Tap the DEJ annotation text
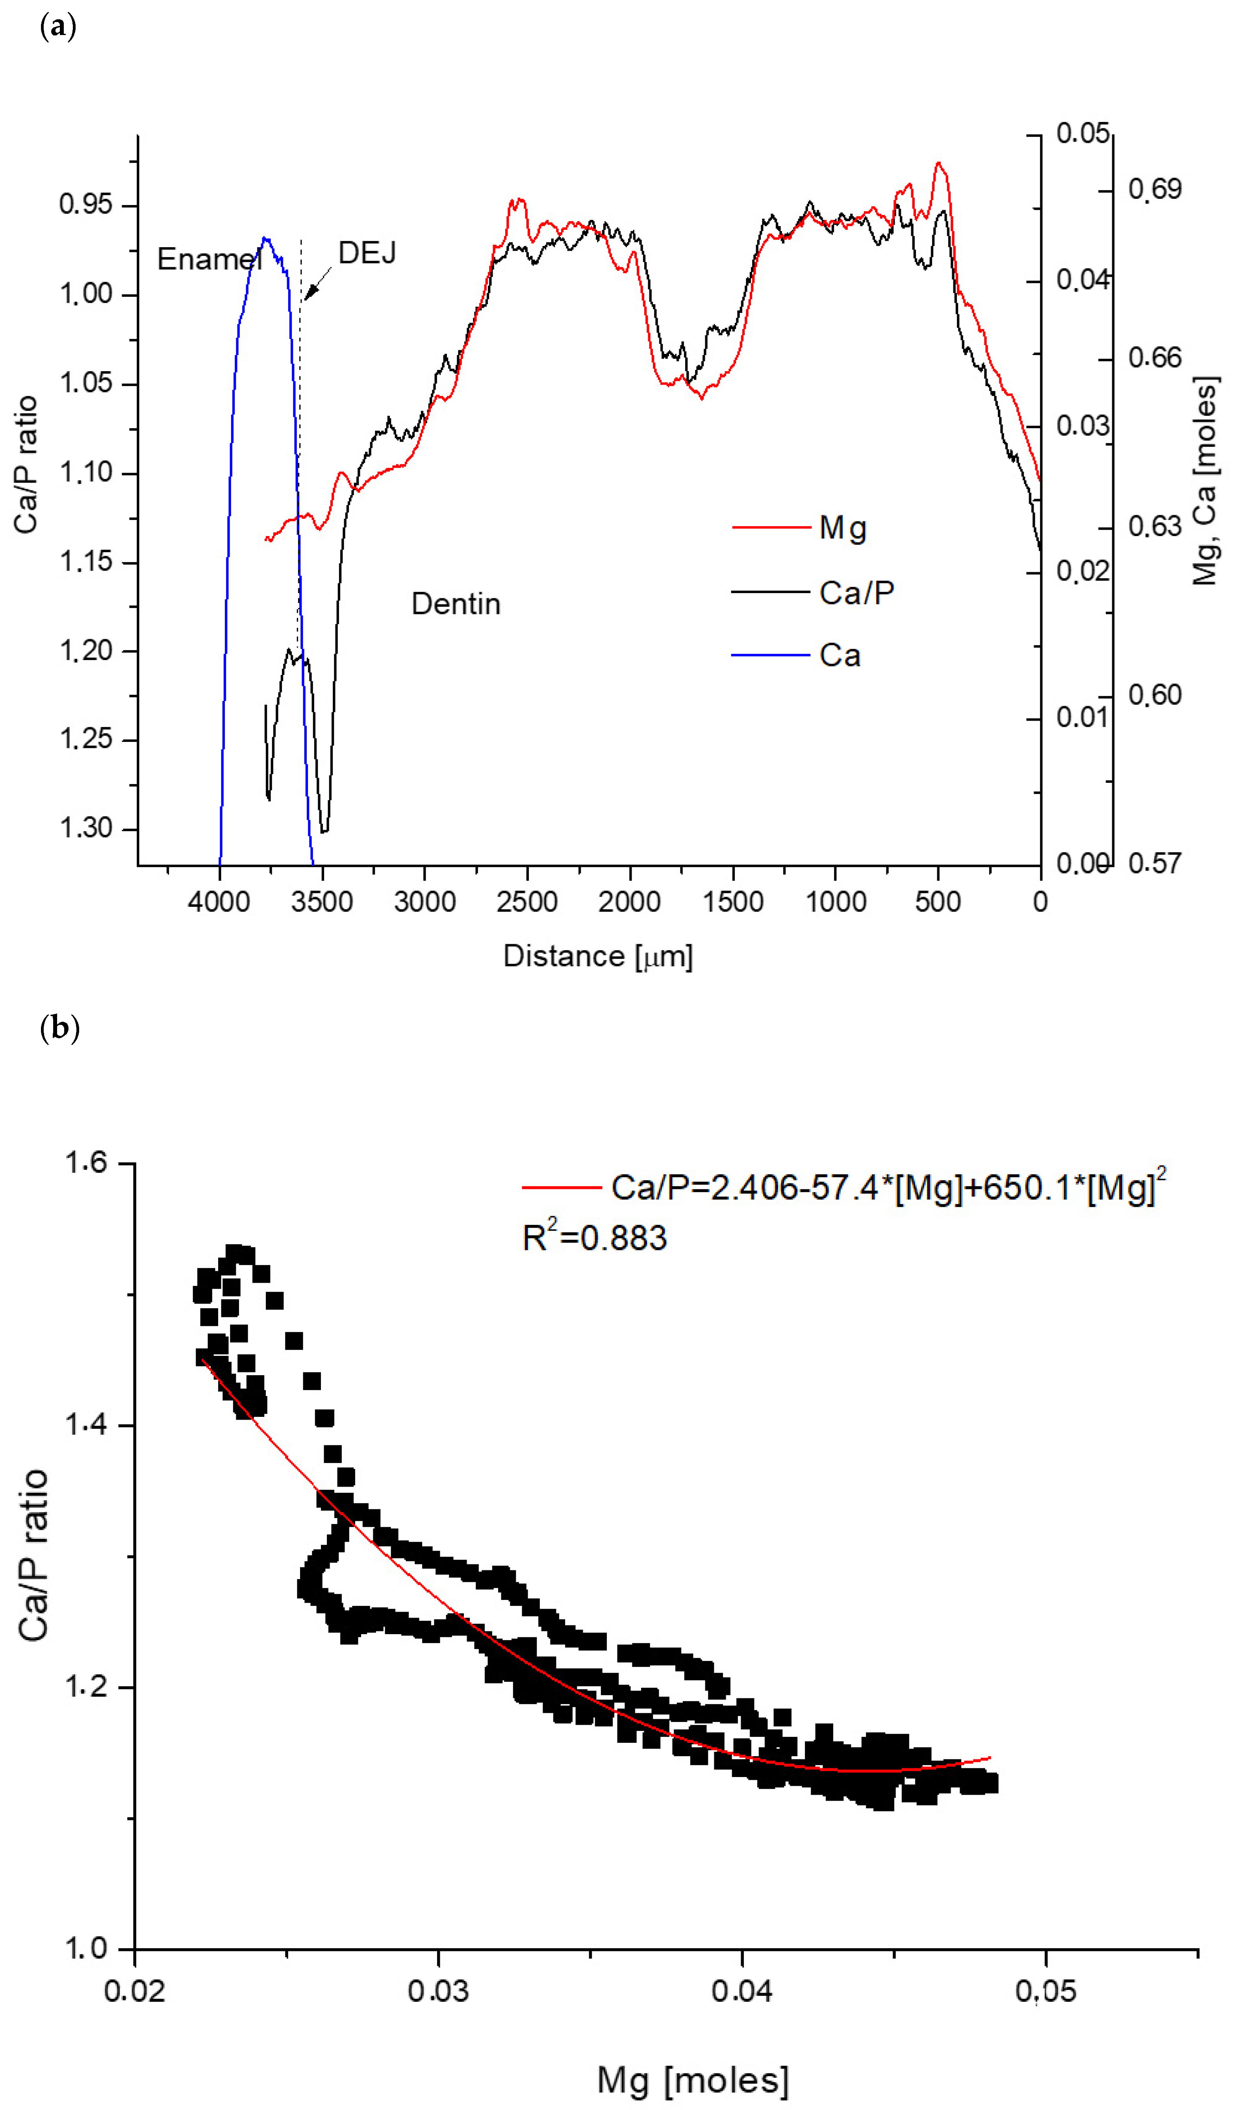click(367, 253)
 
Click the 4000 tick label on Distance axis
click(219, 902)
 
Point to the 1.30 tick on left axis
click(85, 828)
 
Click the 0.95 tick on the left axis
click(85, 204)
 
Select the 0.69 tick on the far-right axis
click(1155, 189)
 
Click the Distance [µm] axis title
click(598, 956)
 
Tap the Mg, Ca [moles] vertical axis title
click(1204, 481)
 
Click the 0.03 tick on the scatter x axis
click(438, 1991)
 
